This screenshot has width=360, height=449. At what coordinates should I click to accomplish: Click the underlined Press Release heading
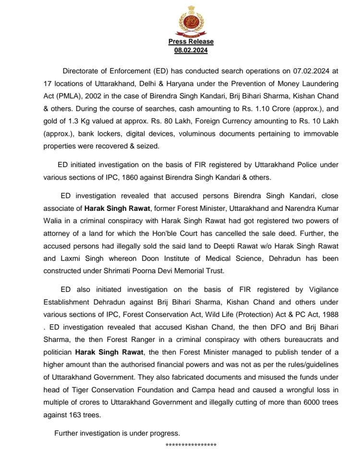click(191, 42)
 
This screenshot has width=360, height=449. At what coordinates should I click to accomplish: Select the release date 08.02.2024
click(191, 50)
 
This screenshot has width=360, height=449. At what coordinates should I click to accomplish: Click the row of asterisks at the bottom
click(191, 445)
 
